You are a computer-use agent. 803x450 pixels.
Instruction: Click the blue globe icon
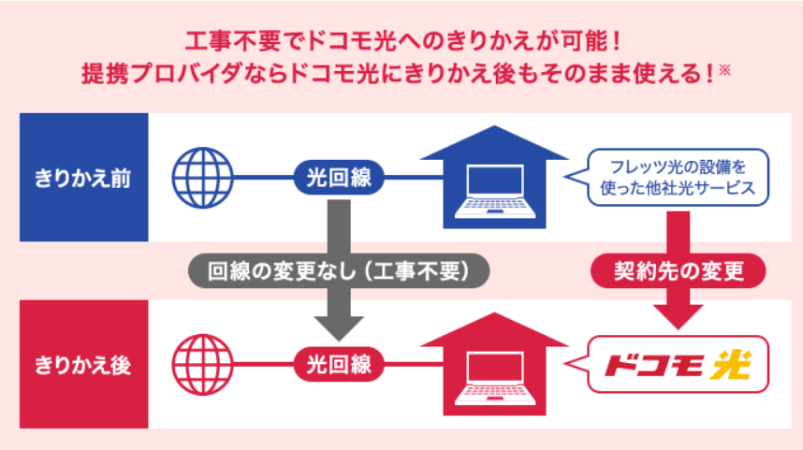click(203, 178)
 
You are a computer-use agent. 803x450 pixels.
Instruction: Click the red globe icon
click(203, 365)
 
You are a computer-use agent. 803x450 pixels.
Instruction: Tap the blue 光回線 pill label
click(339, 178)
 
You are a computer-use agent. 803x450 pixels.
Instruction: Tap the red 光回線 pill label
click(339, 365)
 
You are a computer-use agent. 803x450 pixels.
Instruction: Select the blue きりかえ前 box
click(84, 177)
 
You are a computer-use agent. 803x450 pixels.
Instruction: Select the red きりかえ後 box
click(84, 364)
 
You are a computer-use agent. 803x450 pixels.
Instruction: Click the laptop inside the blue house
click(495, 192)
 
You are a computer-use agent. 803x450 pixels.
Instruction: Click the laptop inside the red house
click(495, 378)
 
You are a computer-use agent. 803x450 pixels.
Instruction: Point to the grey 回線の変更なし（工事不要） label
click(339, 270)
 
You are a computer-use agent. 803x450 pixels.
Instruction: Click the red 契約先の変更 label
click(679, 270)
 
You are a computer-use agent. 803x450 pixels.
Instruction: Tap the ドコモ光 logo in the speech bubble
click(678, 365)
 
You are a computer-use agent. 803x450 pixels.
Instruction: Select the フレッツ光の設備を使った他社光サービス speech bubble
click(671, 177)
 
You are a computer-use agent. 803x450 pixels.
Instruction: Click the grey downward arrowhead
click(339, 328)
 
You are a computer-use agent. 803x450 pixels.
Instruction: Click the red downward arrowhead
click(679, 317)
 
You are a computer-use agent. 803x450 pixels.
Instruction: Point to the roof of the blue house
click(495, 143)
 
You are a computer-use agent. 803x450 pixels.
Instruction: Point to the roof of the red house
click(495, 330)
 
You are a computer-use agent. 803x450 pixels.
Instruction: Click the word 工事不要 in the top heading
click(234, 41)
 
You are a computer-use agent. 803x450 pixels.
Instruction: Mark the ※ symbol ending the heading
click(724, 69)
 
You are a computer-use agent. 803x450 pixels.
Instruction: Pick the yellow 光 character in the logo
click(731, 365)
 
